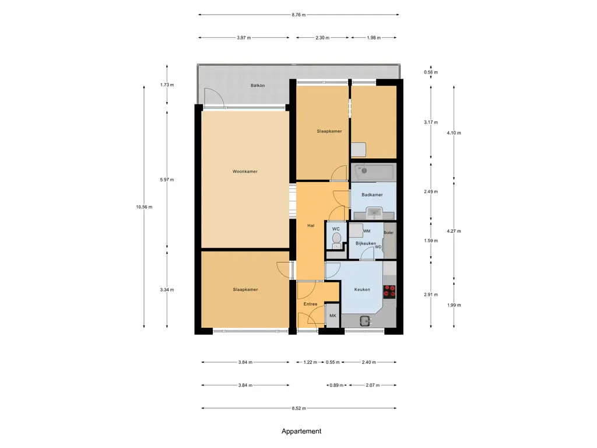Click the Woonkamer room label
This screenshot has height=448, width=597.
[245, 171]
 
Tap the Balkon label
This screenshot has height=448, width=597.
[257, 85]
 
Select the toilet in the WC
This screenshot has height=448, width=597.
[336, 240]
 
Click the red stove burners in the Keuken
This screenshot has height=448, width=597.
[389, 291]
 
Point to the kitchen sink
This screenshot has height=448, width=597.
[366, 321]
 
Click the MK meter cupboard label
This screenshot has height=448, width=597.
[333, 316]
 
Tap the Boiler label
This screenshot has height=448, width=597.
[389, 233]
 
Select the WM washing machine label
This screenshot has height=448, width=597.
[367, 231]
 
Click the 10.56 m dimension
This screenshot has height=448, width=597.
[144, 207]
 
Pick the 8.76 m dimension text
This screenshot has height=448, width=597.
[299, 15]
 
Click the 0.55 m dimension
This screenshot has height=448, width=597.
[333, 362]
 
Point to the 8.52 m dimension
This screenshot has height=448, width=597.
[299, 408]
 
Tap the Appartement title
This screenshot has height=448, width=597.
[301, 431]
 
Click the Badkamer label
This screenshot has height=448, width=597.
[372, 195]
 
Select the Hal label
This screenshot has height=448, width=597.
[311, 226]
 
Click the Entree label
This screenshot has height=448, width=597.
[310, 304]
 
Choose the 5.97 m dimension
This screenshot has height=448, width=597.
[167, 180]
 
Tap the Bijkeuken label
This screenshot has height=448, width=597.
[366, 243]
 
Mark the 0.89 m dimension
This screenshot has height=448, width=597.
[336, 385]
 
